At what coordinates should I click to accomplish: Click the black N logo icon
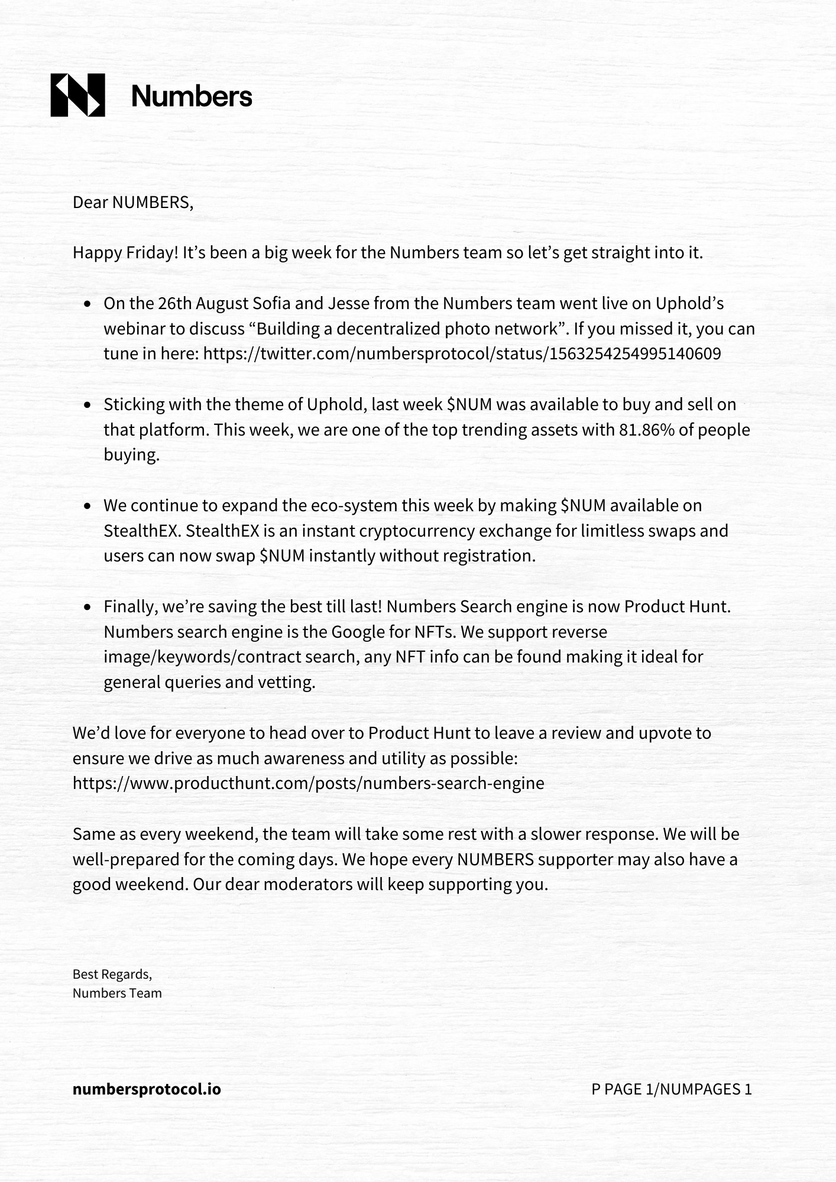(x=77, y=95)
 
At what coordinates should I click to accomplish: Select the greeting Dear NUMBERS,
(x=133, y=203)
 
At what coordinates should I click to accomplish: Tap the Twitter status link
(x=462, y=354)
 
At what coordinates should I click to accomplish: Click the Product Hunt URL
(x=308, y=784)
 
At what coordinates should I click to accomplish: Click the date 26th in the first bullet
(x=175, y=304)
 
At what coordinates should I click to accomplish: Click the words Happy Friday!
(x=125, y=253)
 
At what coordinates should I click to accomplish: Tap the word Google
(x=357, y=632)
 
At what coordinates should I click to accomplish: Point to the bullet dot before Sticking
(x=88, y=405)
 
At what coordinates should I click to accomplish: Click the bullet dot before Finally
(x=88, y=608)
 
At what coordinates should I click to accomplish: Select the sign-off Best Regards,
(x=112, y=974)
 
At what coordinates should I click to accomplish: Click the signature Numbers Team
(x=117, y=993)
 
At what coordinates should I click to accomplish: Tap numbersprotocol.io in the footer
(x=147, y=1089)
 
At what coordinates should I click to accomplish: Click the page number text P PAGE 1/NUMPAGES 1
(x=672, y=1089)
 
